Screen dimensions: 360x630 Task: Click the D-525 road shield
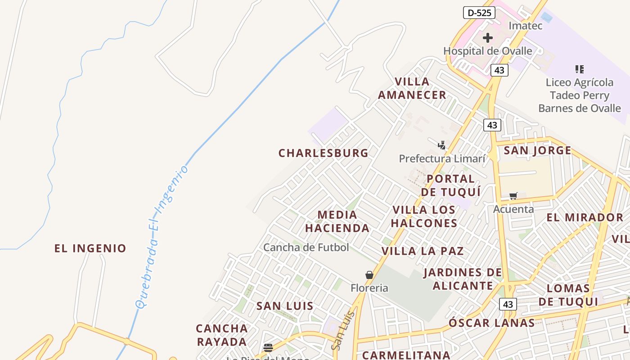click(x=479, y=13)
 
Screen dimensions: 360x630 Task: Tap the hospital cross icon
click(x=488, y=38)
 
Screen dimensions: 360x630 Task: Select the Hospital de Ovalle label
click(x=488, y=51)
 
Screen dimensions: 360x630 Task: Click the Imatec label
click(x=525, y=26)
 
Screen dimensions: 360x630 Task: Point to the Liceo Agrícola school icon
click(x=580, y=69)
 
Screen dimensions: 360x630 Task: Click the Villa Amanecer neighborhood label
click(x=412, y=88)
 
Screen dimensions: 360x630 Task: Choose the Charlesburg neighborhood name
click(x=324, y=153)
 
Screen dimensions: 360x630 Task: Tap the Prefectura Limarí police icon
click(x=442, y=145)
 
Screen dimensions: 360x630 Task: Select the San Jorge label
click(x=537, y=150)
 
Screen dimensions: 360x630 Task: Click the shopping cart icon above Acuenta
click(x=513, y=196)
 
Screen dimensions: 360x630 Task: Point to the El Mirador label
click(x=585, y=218)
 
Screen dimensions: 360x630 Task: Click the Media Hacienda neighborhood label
click(x=337, y=221)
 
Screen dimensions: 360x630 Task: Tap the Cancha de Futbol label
click(x=306, y=247)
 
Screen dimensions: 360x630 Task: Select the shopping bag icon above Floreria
click(x=369, y=275)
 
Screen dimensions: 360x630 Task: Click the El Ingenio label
click(x=90, y=248)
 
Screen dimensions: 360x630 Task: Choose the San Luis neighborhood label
click(x=285, y=306)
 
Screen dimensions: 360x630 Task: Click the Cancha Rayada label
click(x=222, y=335)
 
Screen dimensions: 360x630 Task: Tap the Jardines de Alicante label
click(x=463, y=279)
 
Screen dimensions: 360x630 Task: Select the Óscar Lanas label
click(x=492, y=323)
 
